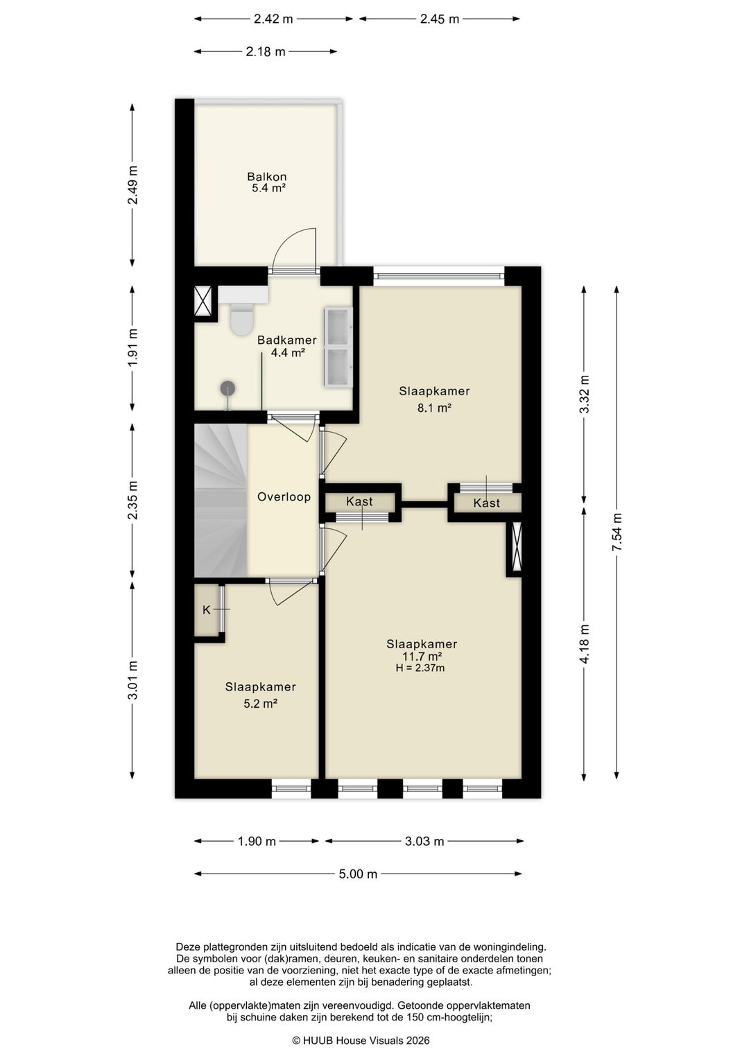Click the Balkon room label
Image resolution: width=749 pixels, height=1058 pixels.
point(266,177)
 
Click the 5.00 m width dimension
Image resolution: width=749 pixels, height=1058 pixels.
point(358,874)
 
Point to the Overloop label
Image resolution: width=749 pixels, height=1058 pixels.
point(284,496)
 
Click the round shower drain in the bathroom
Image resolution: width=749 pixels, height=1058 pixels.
point(227,388)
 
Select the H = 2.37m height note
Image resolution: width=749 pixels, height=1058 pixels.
point(420,668)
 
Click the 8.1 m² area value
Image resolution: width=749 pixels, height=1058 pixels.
point(434,407)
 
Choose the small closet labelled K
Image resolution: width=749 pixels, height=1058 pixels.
point(207,609)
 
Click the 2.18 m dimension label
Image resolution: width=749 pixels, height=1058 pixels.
point(265,51)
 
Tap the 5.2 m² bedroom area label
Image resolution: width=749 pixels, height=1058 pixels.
point(260,703)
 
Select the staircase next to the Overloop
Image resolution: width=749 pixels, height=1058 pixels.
point(221,500)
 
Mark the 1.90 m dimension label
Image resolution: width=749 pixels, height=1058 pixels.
point(256,841)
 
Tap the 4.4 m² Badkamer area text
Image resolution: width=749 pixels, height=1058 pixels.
point(287,352)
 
